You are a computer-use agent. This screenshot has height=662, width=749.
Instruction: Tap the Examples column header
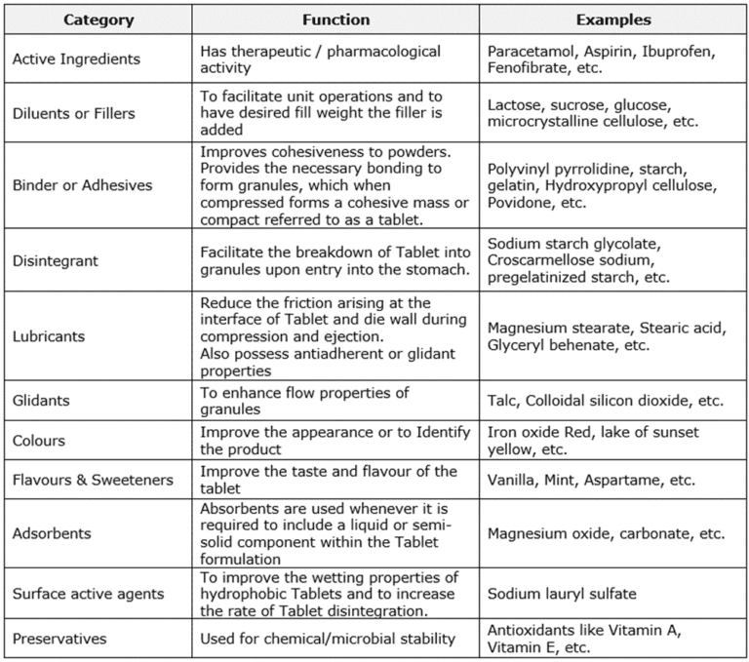613,19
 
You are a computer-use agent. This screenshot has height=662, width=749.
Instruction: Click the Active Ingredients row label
76,59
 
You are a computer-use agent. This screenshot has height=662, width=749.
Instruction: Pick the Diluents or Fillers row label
73,113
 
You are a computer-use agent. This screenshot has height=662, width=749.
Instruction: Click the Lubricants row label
49,336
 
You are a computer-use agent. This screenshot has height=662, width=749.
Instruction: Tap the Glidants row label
41,401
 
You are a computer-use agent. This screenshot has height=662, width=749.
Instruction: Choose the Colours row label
39,441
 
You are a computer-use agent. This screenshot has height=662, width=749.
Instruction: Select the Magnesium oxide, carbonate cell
606,533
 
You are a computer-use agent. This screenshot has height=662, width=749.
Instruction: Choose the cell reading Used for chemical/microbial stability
328,640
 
